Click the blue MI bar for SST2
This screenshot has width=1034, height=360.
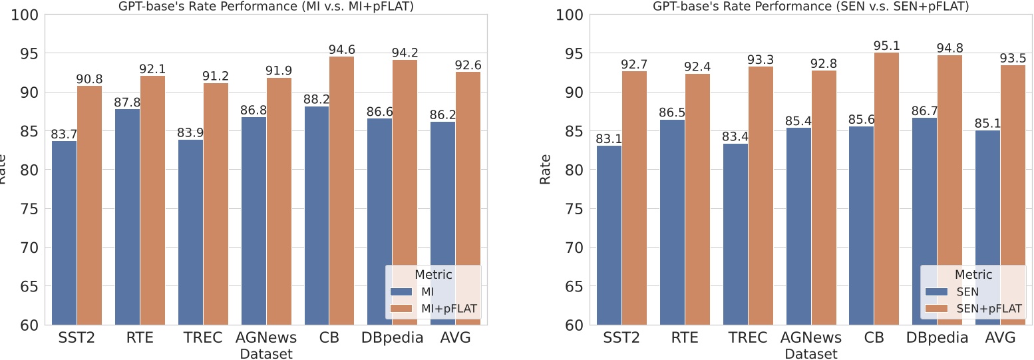[x=64, y=233]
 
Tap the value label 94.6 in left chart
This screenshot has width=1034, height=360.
[x=341, y=49]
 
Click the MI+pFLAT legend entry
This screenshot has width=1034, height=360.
[x=433, y=309]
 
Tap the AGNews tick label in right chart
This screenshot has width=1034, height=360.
[x=811, y=337]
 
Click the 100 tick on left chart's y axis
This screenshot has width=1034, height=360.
[x=27, y=15]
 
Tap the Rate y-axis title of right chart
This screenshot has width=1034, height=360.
[x=546, y=169]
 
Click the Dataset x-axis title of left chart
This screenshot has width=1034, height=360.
[x=266, y=354]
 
